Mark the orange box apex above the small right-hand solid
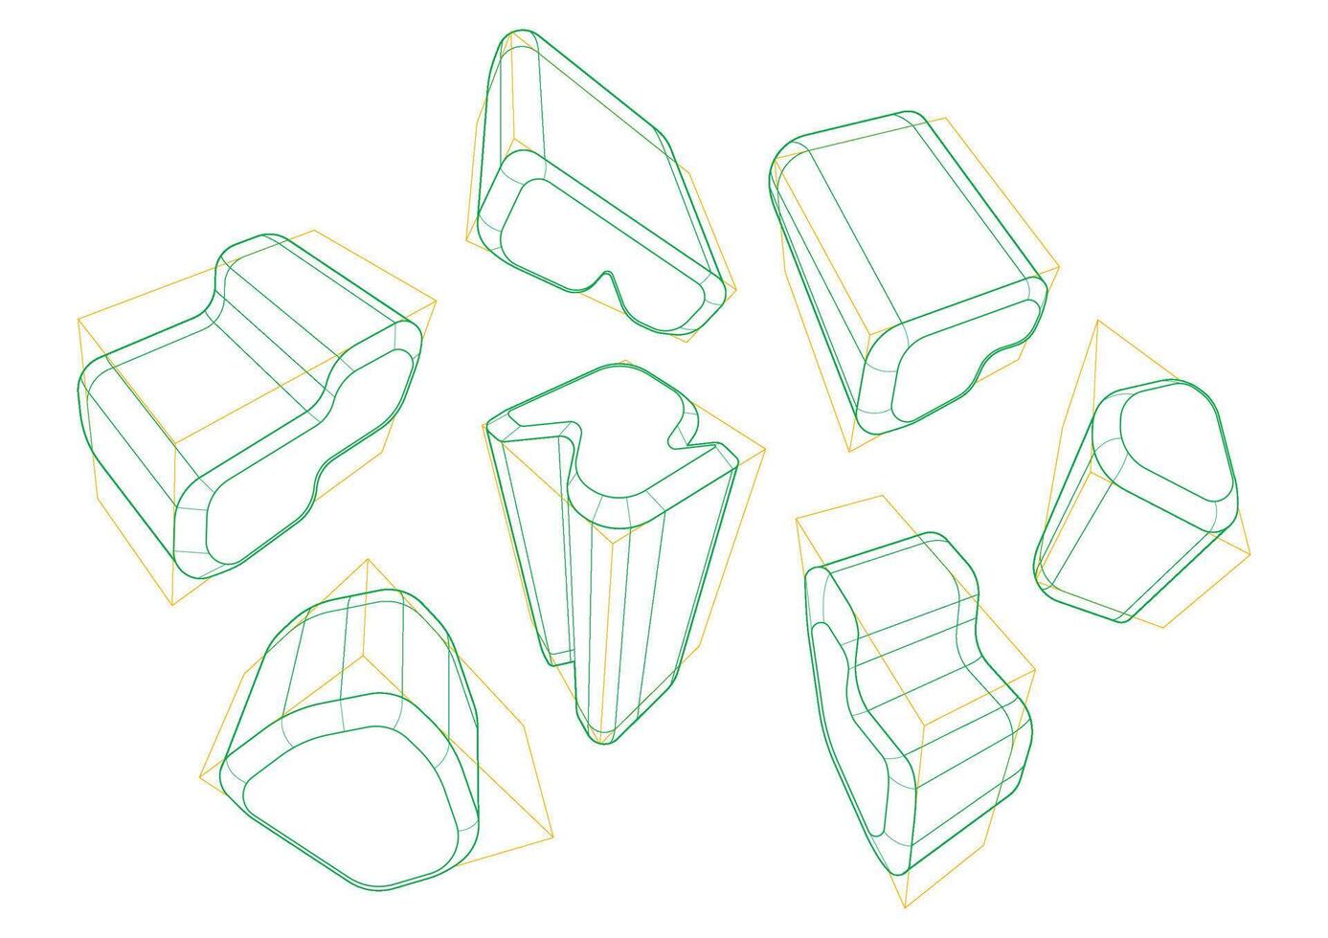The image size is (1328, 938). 1098,322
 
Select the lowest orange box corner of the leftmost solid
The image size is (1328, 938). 171,605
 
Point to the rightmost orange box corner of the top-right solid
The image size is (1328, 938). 1059,268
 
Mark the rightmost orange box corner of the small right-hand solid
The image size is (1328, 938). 1250,553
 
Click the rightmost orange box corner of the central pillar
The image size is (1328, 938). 765,448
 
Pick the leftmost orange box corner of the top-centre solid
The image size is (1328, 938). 466,241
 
